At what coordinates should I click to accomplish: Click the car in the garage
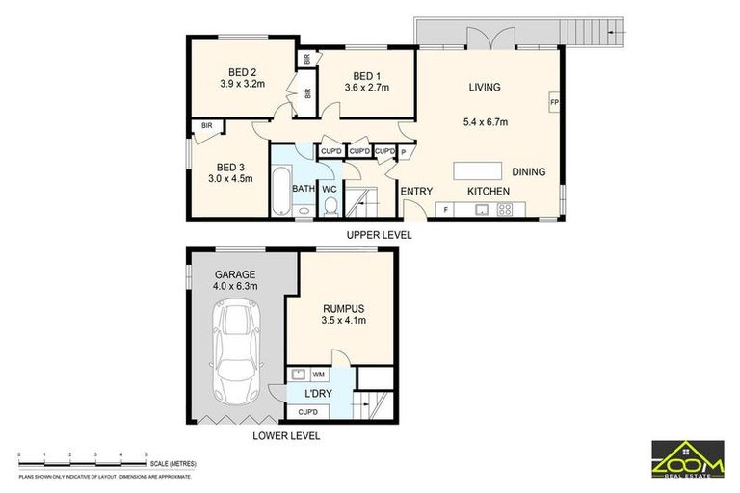pos(236,351)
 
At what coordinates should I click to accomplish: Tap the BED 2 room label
pos(242,71)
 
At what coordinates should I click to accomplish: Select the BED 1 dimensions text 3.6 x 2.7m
pos(366,90)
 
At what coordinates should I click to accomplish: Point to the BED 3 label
pos(229,165)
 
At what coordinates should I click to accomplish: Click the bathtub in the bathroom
pos(280,194)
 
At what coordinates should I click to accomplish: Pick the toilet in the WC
pos(329,207)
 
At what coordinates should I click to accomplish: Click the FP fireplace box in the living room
pos(554,101)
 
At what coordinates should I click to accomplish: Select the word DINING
pos(528,172)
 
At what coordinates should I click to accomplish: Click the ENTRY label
pos(416,192)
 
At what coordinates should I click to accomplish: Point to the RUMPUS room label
pos(343,308)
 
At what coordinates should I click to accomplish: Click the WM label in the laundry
pos(318,374)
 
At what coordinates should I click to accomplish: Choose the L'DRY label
pos(318,395)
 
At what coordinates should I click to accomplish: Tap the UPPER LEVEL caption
pos(381,235)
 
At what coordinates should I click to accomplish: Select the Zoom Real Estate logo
pos(687,457)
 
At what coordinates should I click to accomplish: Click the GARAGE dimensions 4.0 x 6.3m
pos(236,287)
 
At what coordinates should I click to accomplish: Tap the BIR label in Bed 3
pos(206,126)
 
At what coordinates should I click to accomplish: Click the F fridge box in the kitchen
pos(445,209)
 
